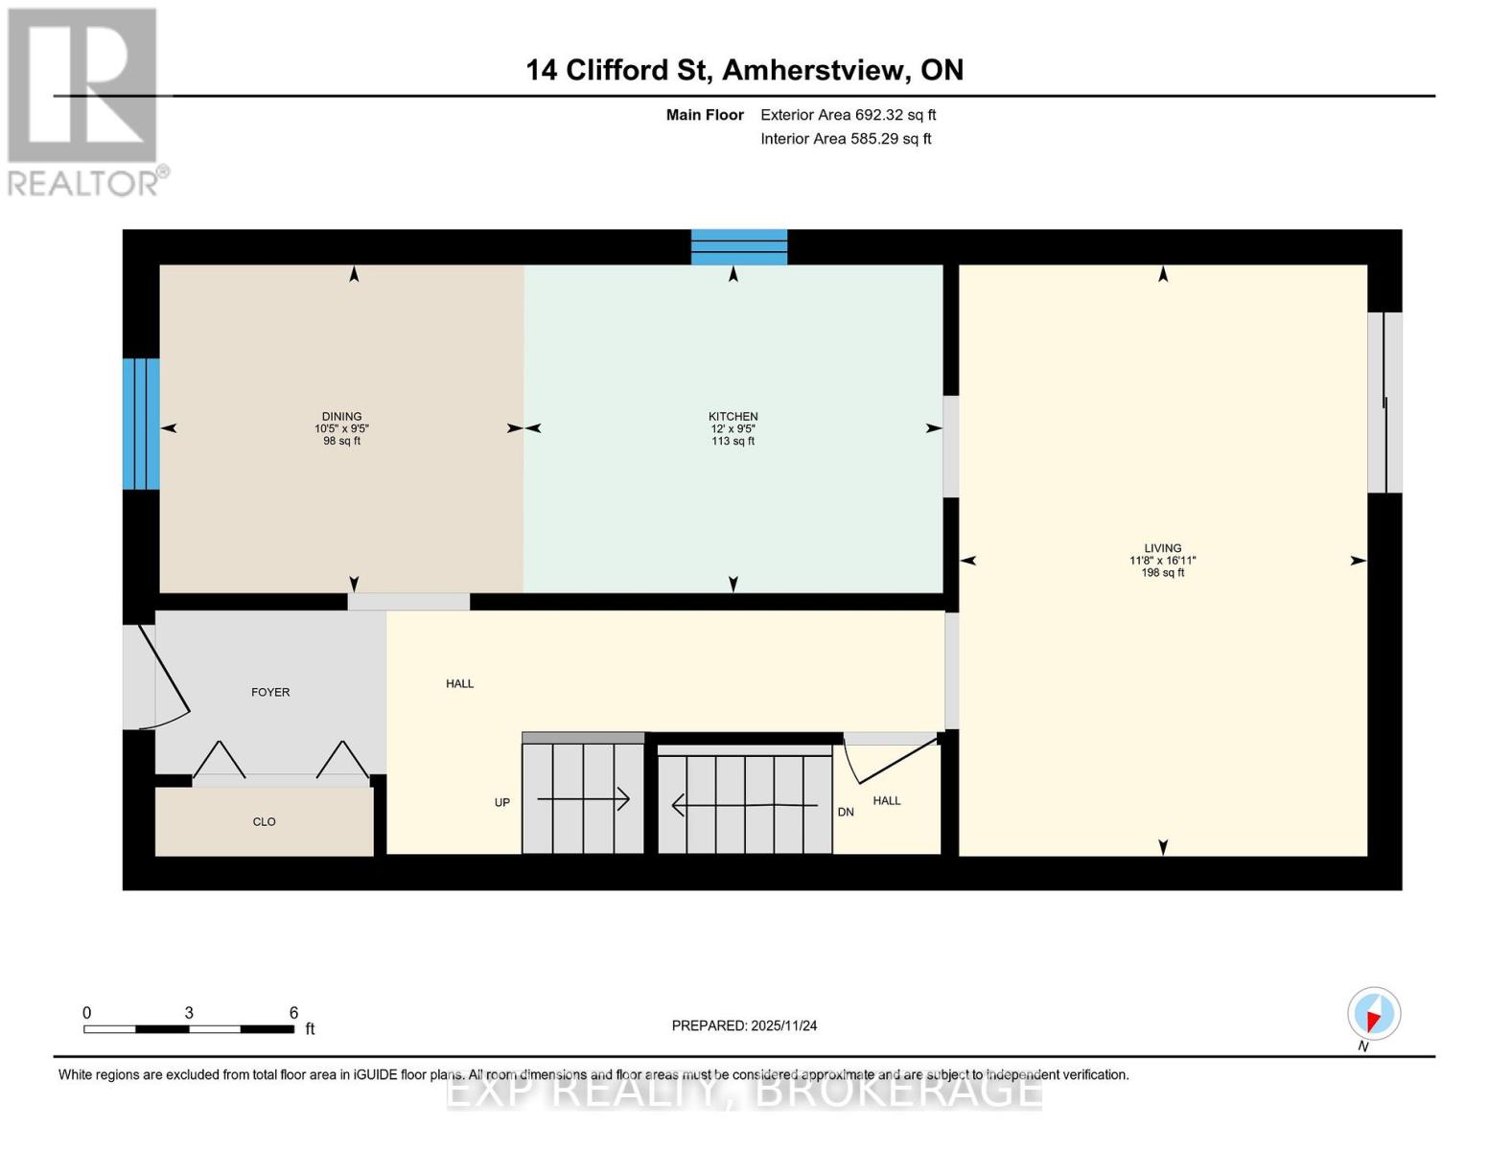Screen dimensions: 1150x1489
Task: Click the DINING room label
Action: pyautogui.click(x=341, y=417)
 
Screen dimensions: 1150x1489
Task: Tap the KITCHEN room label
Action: pyautogui.click(x=733, y=417)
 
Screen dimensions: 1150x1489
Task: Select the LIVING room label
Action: pyautogui.click(x=1162, y=548)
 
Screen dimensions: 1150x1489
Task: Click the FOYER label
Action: pyautogui.click(x=270, y=692)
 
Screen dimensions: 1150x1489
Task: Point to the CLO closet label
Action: pyautogui.click(x=264, y=821)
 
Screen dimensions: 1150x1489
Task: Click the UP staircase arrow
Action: pyautogui.click(x=583, y=798)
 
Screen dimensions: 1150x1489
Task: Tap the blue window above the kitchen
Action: pyautogui.click(x=739, y=247)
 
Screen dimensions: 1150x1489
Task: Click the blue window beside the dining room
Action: pyautogui.click(x=141, y=424)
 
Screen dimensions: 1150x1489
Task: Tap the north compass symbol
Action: pyautogui.click(x=1373, y=1014)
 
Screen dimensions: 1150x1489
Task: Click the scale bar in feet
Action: pyautogui.click(x=189, y=1028)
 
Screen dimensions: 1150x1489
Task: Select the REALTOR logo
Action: pyautogui.click(x=83, y=102)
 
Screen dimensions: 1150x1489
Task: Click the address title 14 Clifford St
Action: pyautogui.click(x=744, y=70)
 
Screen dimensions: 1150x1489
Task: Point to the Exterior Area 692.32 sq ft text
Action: pyautogui.click(x=848, y=115)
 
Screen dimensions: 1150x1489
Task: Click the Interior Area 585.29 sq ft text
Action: pyautogui.click(x=846, y=139)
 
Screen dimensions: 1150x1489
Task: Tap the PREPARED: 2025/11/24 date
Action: pyautogui.click(x=744, y=1025)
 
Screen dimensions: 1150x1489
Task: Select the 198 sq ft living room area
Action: pyautogui.click(x=1162, y=573)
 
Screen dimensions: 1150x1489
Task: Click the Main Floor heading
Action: pyautogui.click(x=705, y=115)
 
